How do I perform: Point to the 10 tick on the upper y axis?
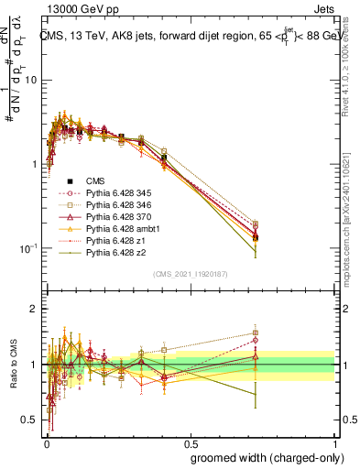31,80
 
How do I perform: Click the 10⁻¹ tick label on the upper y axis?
27,248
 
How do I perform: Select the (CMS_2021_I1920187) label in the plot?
191,274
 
